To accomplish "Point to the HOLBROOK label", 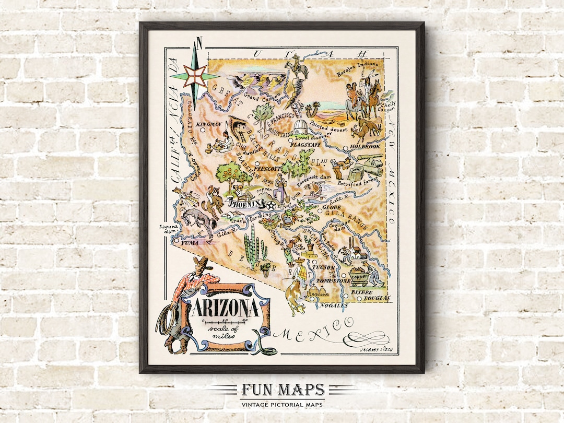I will coord(365,147).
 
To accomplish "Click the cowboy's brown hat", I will coord(202,263).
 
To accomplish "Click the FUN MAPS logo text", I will coord(282,390).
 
